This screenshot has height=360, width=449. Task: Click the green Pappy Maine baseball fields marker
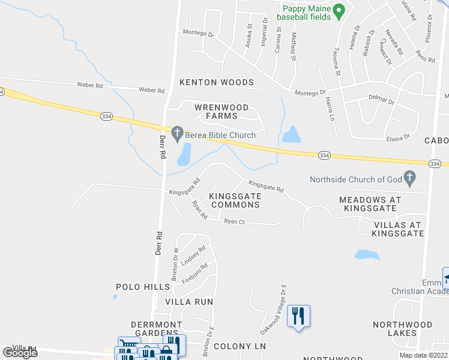point(339,10)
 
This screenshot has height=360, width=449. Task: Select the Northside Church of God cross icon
point(410,178)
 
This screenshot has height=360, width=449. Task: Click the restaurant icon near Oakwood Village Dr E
point(298,316)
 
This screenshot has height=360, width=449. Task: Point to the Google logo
point(20,352)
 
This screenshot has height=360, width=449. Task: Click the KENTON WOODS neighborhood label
point(216,82)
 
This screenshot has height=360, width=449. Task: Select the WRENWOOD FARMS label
point(215,111)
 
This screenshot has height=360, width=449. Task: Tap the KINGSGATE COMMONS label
point(235,200)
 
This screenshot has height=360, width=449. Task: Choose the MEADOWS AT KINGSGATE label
point(367,203)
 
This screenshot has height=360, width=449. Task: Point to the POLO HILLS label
point(143,287)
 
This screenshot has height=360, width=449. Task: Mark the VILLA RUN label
point(189,301)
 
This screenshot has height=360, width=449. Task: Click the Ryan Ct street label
point(234,221)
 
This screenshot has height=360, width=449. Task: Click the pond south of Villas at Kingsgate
point(367,254)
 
